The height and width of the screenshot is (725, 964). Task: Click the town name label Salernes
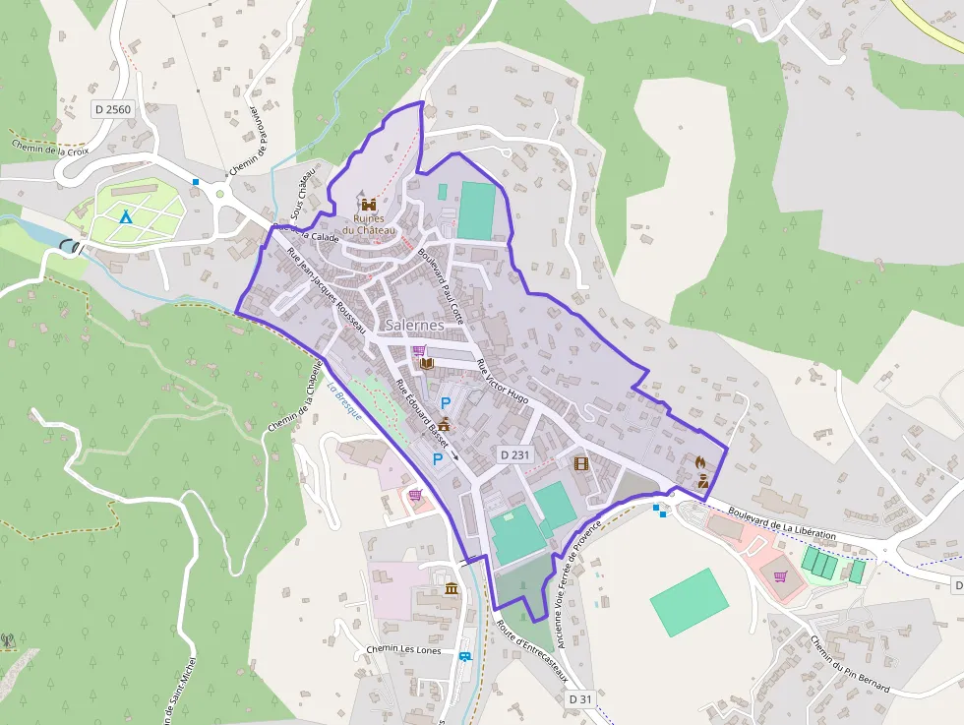pyautogui.click(x=414, y=325)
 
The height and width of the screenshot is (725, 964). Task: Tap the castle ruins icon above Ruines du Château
pyautogui.click(x=369, y=204)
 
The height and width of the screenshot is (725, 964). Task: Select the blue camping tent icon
pyautogui.click(x=125, y=215)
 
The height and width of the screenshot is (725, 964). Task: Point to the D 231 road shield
pyautogui.click(x=514, y=454)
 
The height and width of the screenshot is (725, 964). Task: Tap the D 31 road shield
pyautogui.click(x=580, y=698)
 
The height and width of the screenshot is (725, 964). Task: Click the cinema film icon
pyautogui.click(x=580, y=462)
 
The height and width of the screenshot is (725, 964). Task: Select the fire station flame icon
pyautogui.click(x=700, y=460)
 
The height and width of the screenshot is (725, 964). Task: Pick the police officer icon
pyautogui.click(x=703, y=480)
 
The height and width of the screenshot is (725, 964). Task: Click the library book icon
pyautogui.click(x=426, y=364)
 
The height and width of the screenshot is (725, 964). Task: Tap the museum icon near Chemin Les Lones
pyautogui.click(x=452, y=588)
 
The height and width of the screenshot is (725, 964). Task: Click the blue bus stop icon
pyautogui.click(x=463, y=656)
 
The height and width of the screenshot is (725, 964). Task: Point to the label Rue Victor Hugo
pyautogui.click(x=502, y=382)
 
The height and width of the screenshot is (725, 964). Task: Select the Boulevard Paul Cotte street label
pyautogui.click(x=440, y=279)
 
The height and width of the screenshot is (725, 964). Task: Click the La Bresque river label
pyautogui.click(x=345, y=401)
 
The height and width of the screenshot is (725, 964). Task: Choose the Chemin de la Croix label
pyautogui.click(x=50, y=148)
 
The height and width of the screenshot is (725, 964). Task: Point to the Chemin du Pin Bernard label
pyautogui.click(x=850, y=663)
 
